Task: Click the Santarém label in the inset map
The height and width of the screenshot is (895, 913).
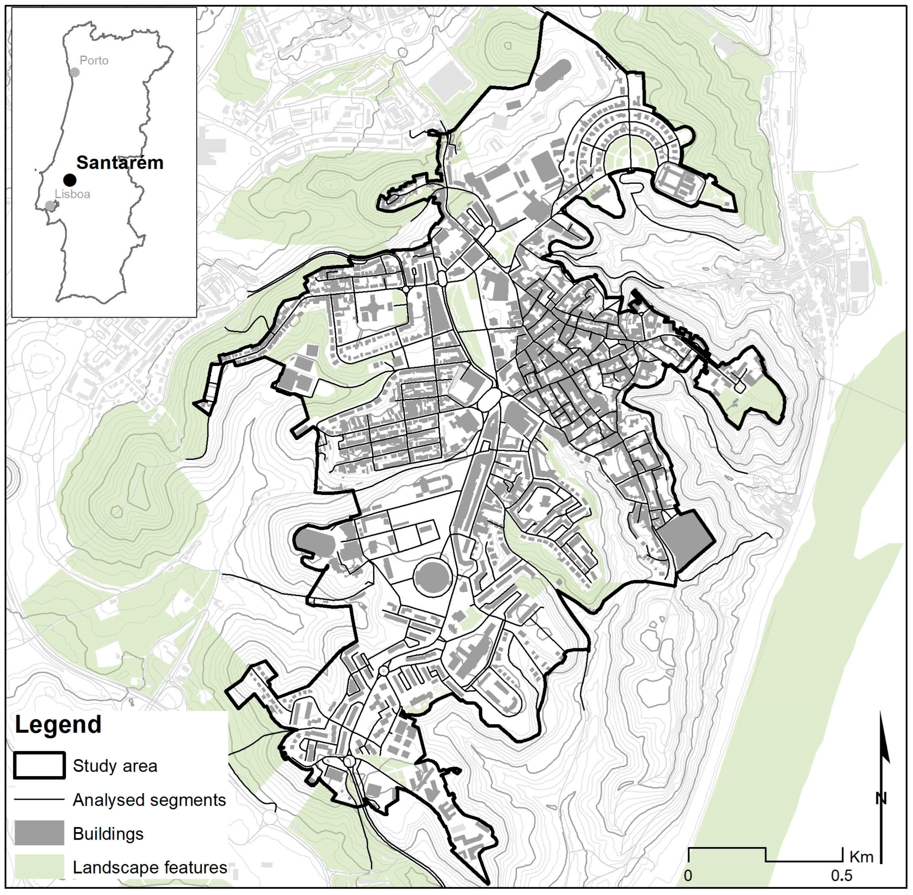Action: tap(120, 162)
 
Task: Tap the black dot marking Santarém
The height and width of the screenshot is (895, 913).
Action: tap(70, 180)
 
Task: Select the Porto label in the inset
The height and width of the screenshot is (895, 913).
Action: tap(94, 61)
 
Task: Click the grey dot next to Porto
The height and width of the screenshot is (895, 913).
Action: tap(74, 72)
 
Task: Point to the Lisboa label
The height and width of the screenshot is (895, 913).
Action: tap(72, 194)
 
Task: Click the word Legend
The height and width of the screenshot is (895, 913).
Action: tap(58, 724)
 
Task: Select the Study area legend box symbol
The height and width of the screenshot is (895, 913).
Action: tap(39, 766)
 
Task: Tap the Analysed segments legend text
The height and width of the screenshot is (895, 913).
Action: tap(149, 800)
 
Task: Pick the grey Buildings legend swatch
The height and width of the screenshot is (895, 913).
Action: tap(39, 833)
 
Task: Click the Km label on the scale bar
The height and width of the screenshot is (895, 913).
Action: tap(861, 857)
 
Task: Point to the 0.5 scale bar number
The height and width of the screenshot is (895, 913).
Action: tap(842, 876)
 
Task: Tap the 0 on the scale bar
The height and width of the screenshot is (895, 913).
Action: tap(689, 876)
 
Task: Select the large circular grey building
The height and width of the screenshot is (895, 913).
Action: tap(432, 577)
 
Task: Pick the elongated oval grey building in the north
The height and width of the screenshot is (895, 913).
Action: tap(553, 76)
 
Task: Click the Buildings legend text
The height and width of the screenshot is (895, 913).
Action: tap(108, 833)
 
